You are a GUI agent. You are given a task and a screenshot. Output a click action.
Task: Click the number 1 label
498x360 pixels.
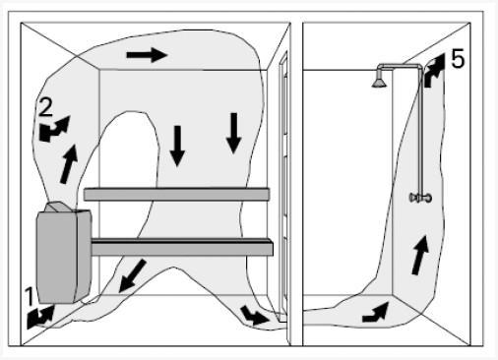[x=31, y=296]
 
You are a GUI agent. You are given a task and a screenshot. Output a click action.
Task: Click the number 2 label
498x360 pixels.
[x=45, y=107]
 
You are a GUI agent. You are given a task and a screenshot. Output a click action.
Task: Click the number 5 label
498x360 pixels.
[x=458, y=59]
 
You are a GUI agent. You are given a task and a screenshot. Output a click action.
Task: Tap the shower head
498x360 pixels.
[x=379, y=81]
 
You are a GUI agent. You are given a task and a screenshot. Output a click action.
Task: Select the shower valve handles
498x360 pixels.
[x=420, y=198]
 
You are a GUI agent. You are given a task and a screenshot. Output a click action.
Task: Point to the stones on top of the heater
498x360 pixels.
[x=56, y=207]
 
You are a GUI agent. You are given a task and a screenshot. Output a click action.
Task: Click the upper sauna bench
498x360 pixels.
[x=176, y=194]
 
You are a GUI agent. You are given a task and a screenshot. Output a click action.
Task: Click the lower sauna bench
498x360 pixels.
[x=182, y=247]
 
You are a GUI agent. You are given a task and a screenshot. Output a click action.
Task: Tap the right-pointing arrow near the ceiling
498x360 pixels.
[x=147, y=54]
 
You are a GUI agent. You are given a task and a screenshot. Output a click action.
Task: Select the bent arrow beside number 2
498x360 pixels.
[x=53, y=129]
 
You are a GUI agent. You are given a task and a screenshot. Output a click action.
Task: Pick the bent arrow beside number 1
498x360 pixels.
[x=40, y=317]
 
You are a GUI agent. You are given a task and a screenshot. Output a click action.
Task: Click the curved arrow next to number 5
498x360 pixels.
[x=434, y=72]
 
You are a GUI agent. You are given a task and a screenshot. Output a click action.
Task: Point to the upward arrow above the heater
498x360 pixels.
[x=70, y=164]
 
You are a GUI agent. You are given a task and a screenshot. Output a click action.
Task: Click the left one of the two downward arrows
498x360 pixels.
[x=177, y=146]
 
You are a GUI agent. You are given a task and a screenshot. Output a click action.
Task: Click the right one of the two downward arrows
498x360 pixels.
[x=234, y=133]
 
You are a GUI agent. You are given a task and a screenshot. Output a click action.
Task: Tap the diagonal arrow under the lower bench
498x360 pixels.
[x=132, y=275]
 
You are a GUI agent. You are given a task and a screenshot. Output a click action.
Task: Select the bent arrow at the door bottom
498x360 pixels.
[x=255, y=316]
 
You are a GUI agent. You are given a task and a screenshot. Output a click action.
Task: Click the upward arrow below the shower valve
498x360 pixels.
[x=420, y=255]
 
